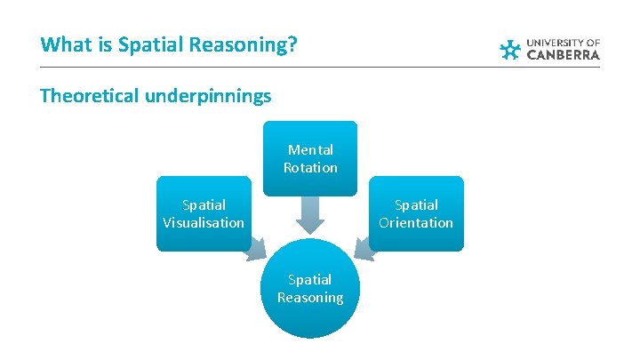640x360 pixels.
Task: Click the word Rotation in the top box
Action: point(310,167)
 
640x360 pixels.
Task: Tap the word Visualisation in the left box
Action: point(203,222)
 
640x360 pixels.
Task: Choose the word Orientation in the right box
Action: point(416,222)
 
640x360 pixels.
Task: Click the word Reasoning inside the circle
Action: point(309,298)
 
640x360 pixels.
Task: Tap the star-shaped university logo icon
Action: point(510,50)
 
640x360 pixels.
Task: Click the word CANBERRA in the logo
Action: point(564,55)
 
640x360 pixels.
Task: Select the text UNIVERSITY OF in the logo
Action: point(564,42)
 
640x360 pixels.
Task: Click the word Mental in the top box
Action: point(310,150)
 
